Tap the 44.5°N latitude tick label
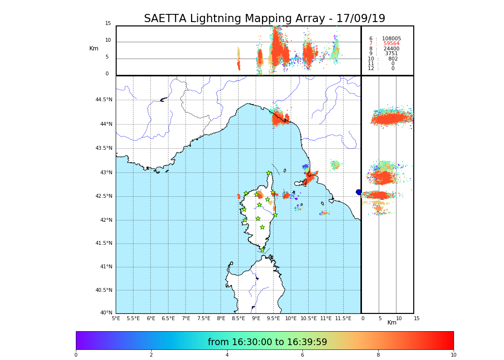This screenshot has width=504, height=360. [104, 100]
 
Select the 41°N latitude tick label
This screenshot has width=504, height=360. [106, 267]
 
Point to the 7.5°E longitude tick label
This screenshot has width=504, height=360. [204, 318]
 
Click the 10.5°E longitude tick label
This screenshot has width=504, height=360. [308, 318]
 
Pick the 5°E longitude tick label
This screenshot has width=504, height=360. [116, 318]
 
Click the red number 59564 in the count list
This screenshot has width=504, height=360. [391, 44]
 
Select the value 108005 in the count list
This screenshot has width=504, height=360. [391, 39]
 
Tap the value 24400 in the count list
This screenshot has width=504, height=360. [391, 49]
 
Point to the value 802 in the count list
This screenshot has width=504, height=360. [393, 59]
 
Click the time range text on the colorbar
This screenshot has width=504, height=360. [267, 342]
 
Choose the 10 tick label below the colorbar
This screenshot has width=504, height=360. [453, 355]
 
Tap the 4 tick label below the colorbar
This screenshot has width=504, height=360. [227, 355]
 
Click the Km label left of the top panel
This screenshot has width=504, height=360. [94, 48]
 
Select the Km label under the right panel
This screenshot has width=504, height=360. [392, 323]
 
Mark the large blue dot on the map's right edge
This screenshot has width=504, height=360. [359, 192]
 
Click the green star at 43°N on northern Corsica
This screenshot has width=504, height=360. [269, 173]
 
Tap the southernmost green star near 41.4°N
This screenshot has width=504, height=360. [262, 250]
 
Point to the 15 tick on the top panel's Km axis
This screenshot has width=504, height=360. [108, 24]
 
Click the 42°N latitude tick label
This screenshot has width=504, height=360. [106, 220]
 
